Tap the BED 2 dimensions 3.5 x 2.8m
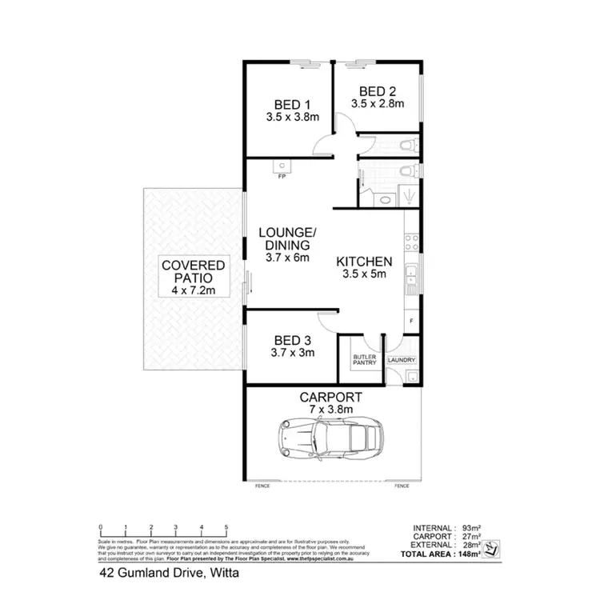click(x=377, y=103)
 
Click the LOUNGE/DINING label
click(x=286, y=238)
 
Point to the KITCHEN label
click(x=363, y=262)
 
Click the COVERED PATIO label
click(x=193, y=271)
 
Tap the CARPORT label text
click(x=330, y=397)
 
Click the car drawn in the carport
click(x=330, y=439)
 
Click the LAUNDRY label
click(x=402, y=360)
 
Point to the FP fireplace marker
click(x=282, y=177)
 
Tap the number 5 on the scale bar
click(x=227, y=527)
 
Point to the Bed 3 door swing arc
click(x=329, y=320)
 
